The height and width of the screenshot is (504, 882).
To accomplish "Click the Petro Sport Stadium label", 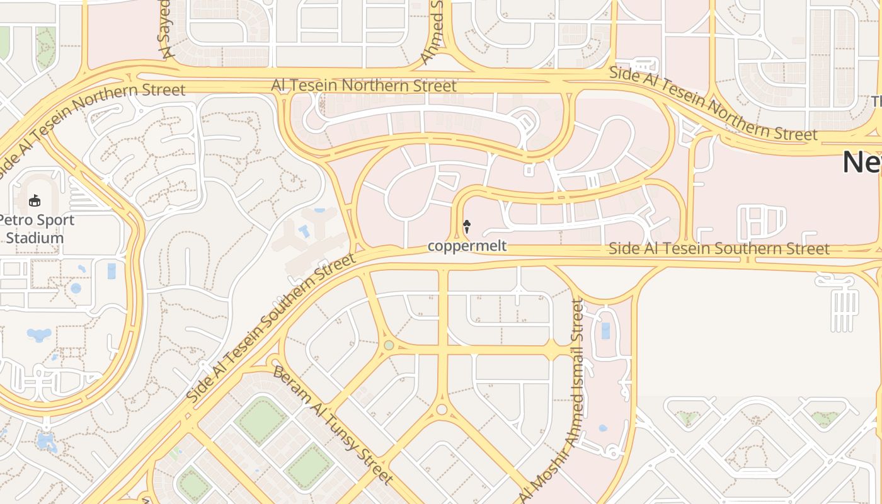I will pos(36,229).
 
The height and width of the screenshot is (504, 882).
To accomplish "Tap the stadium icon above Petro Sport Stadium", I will pos(34,201).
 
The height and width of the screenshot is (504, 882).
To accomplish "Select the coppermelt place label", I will pos(467,246).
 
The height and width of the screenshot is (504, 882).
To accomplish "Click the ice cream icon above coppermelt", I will pos(467,226).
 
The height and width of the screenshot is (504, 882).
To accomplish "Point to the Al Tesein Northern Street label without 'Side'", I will pos(364,85).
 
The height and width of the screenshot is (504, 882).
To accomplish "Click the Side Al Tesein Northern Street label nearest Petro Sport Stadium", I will pos(94,120).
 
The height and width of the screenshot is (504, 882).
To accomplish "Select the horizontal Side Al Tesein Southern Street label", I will pos(719,249).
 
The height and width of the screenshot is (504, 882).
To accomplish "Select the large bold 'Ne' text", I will pos(862,162).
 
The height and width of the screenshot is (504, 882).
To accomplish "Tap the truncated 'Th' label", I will pos(876,101).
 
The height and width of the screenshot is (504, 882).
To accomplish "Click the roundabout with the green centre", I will pos(389,345).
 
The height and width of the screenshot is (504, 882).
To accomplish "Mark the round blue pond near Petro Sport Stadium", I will pos(76,289).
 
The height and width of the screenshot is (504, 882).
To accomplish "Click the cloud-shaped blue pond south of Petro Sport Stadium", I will pos(39,334).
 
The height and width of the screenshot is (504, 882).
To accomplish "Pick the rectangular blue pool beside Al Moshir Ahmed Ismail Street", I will pos(605,331).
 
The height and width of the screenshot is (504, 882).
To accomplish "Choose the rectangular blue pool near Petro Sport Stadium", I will pos(112,271).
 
